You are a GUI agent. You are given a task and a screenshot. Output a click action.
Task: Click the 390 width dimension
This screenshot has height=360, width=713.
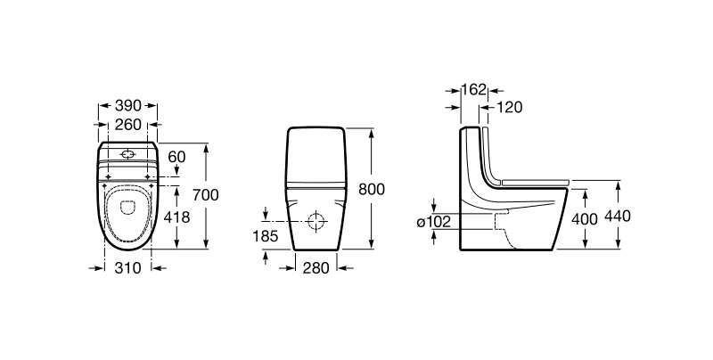127,106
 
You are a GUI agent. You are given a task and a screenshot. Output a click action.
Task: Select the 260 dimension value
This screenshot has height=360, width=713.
127,124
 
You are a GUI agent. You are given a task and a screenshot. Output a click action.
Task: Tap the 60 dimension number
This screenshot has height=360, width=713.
176,157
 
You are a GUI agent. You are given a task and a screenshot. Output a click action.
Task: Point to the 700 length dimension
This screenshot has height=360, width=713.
206,194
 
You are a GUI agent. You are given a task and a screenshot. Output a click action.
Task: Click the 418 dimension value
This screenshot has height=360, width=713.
176,217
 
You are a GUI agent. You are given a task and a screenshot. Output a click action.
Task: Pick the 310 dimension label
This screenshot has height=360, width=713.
127,267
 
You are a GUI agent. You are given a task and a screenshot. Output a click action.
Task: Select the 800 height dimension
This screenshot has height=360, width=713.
372,189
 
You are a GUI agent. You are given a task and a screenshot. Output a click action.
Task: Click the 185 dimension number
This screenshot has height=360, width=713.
265,236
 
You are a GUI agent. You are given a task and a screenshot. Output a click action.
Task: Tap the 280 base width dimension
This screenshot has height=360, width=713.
316,267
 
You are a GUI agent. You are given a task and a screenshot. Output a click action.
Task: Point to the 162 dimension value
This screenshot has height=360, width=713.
474,89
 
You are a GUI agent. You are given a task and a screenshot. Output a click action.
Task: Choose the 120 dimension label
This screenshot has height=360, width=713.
509,107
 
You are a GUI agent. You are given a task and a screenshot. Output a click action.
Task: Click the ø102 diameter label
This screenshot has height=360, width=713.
434,221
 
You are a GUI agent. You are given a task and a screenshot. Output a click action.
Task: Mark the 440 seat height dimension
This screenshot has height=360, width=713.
618,217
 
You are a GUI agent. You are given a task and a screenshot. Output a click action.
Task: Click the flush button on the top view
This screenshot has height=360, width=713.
128,155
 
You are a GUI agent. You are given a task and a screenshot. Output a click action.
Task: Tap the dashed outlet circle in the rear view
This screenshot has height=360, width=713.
317,221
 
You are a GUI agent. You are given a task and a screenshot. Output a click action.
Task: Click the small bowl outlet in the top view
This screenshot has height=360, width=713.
128,208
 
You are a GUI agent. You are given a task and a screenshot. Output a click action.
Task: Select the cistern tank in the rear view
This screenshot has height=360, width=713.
316,157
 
